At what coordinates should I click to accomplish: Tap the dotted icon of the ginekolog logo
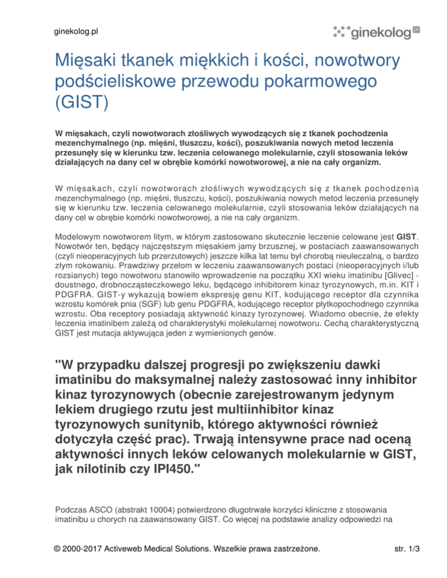click(x=341, y=31)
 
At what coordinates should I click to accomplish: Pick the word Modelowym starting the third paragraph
click(x=75, y=237)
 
